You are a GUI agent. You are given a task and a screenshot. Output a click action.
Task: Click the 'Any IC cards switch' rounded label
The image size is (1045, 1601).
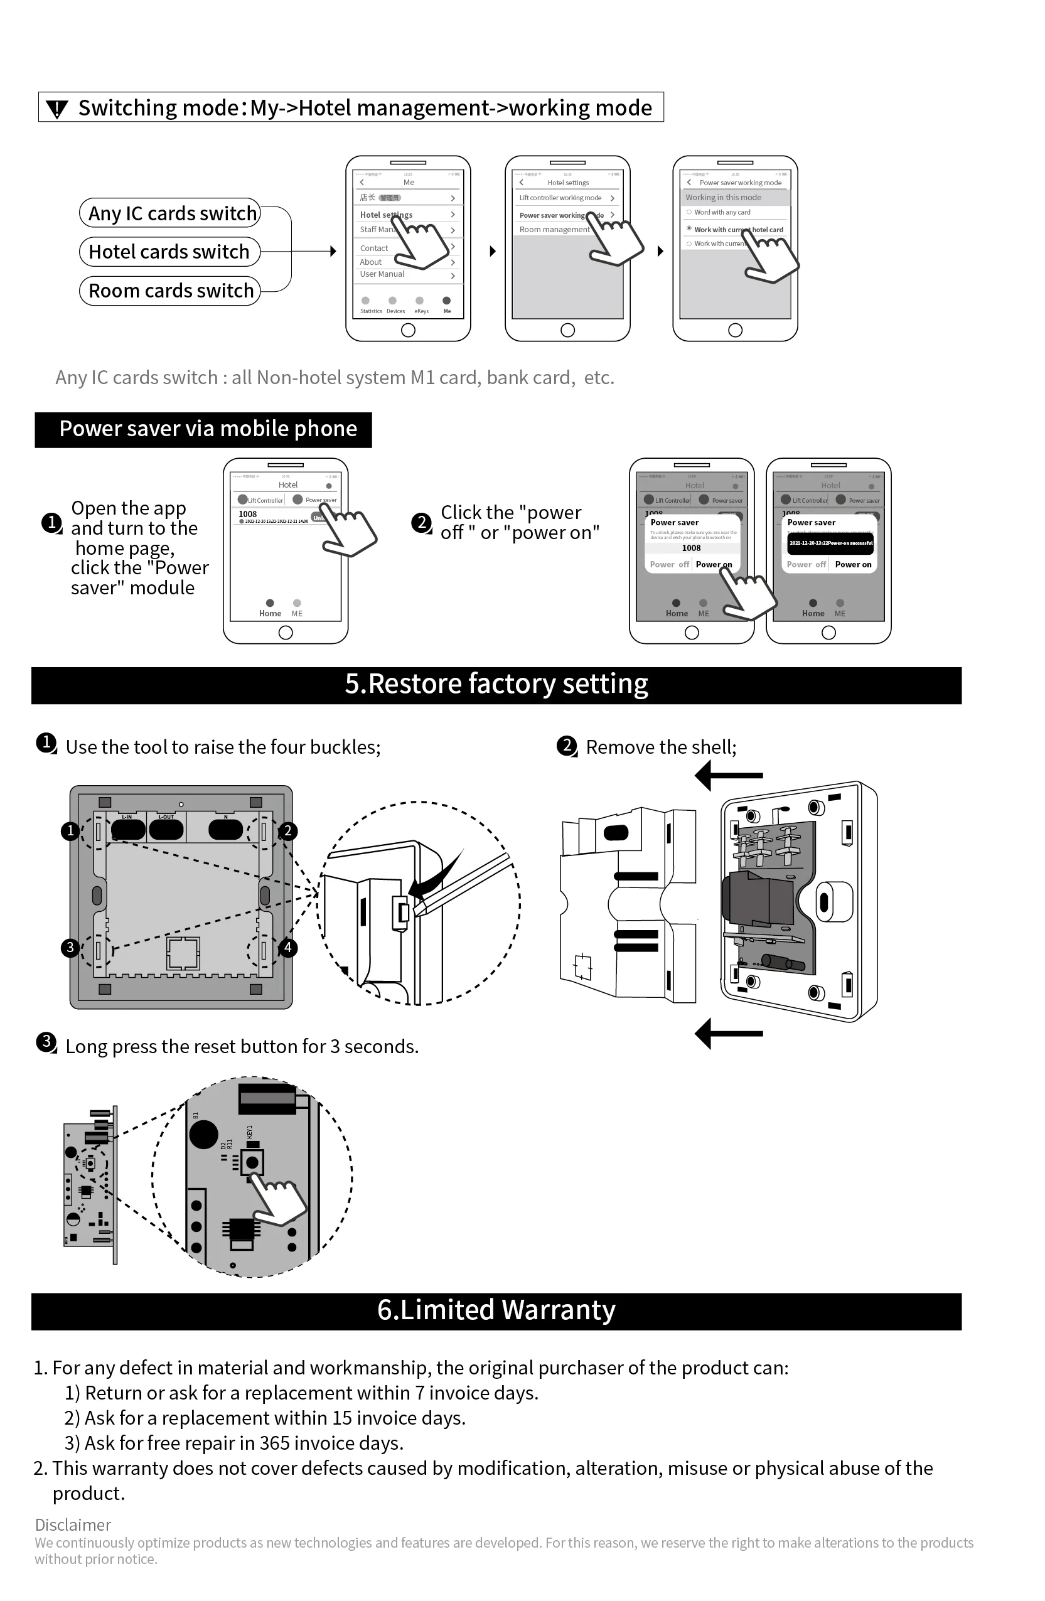[169, 214]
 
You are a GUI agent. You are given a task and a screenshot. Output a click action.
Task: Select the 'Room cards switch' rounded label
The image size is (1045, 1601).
[169, 291]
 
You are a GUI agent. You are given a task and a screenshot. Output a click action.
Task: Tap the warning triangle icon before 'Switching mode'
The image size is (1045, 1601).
[58, 109]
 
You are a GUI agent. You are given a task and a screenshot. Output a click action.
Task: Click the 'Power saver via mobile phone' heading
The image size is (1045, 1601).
[203, 430]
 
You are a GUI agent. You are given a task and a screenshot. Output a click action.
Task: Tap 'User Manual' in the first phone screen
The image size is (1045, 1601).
[382, 274]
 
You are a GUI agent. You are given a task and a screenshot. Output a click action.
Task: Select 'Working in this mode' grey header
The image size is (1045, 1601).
[724, 198]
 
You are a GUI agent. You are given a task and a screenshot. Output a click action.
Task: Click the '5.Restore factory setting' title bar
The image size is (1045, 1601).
[496, 685]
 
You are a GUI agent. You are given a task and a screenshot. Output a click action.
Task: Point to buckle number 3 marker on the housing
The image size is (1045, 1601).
[70, 948]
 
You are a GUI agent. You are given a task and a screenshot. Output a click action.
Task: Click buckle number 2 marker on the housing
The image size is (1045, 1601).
[288, 831]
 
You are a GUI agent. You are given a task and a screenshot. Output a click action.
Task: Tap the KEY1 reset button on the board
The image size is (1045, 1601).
[252, 1162]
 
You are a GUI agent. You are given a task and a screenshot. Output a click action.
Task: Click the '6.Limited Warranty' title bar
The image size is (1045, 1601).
[496, 1310]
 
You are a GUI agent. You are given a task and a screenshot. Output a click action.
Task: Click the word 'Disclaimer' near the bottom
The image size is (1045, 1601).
[73, 1525]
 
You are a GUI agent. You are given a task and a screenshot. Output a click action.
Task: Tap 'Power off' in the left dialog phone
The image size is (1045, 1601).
[669, 564]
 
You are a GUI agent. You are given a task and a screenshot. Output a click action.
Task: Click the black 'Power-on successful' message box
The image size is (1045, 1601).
[830, 543]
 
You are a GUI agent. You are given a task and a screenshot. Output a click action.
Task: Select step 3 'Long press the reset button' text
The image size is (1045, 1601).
[242, 1047]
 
